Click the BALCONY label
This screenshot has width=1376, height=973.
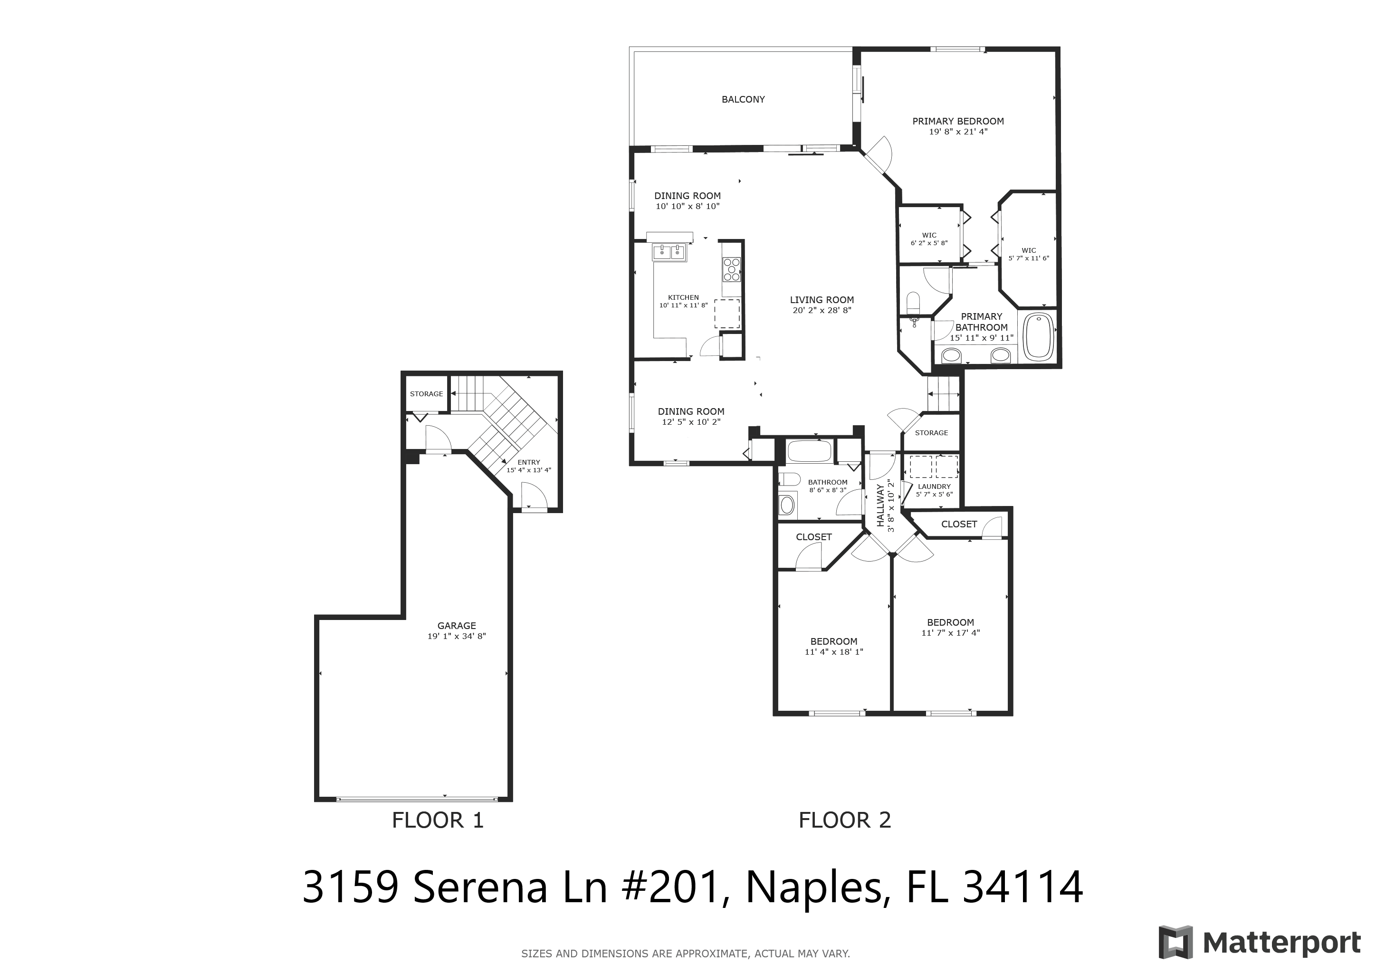click(x=743, y=99)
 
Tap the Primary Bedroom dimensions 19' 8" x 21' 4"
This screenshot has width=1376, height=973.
click(x=958, y=132)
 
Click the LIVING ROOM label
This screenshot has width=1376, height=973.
click(x=822, y=300)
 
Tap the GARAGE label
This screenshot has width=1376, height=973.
click(x=457, y=626)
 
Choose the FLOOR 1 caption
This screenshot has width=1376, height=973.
click(x=438, y=820)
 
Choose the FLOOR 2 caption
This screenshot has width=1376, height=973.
click(x=845, y=820)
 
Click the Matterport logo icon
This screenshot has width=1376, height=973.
click(x=1176, y=943)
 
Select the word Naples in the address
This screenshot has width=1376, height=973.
click(x=814, y=888)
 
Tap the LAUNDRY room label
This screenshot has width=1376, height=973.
click(x=934, y=486)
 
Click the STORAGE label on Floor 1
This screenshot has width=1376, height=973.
click(x=427, y=394)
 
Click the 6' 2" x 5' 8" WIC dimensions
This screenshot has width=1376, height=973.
click(x=929, y=243)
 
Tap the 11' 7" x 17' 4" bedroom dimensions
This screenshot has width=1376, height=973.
click(x=950, y=633)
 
